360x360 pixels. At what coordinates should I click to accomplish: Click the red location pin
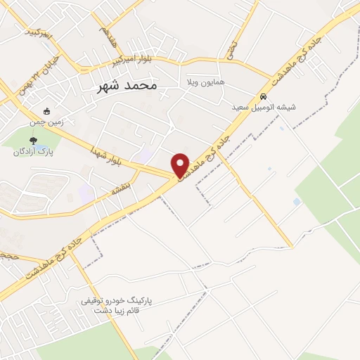click(181, 165)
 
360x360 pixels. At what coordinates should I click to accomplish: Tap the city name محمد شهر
click(127, 86)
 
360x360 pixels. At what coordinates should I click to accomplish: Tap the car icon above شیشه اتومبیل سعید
click(263, 97)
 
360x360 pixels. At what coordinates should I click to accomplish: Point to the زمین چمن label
click(48, 121)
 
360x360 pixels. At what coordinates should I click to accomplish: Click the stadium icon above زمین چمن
click(46, 111)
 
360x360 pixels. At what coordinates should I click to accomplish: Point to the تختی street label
click(232, 48)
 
